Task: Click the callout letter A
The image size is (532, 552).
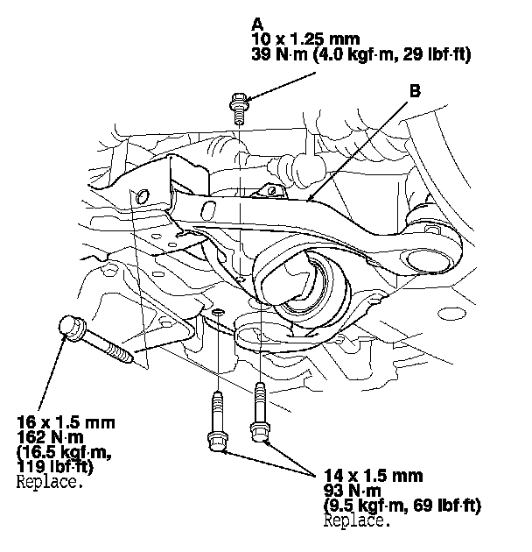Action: [x=257, y=25]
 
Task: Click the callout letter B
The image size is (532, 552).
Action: [x=415, y=91]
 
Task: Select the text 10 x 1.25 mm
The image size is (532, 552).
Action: [x=305, y=39]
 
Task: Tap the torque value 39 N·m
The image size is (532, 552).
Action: [x=279, y=54]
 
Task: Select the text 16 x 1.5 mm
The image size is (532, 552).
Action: [x=66, y=422]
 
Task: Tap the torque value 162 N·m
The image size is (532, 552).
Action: [x=50, y=437]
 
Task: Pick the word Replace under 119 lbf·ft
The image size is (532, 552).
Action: [x=50, y=482]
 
